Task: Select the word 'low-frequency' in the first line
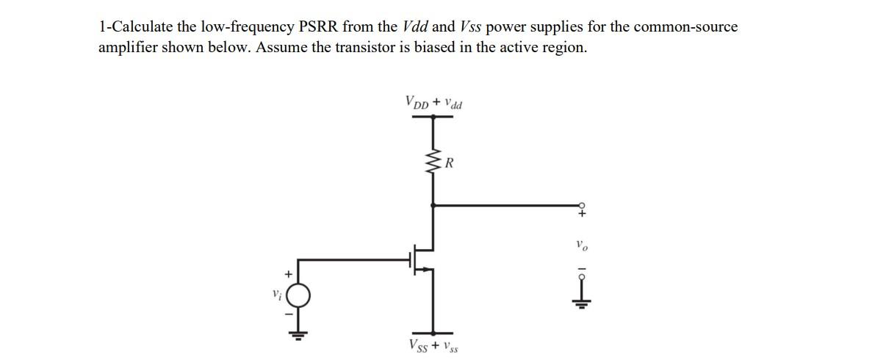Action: [248, 27]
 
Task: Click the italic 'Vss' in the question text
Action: [470, 27]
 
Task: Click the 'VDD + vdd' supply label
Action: [433, 102]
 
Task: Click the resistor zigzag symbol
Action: [433, 163]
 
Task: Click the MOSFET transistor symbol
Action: [423, 259]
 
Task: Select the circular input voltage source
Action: [298, 296]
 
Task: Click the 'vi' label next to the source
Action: [276, 295]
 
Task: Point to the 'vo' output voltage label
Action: [581, 245]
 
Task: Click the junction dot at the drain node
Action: [433, 205]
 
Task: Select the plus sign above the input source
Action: [289, 274]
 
